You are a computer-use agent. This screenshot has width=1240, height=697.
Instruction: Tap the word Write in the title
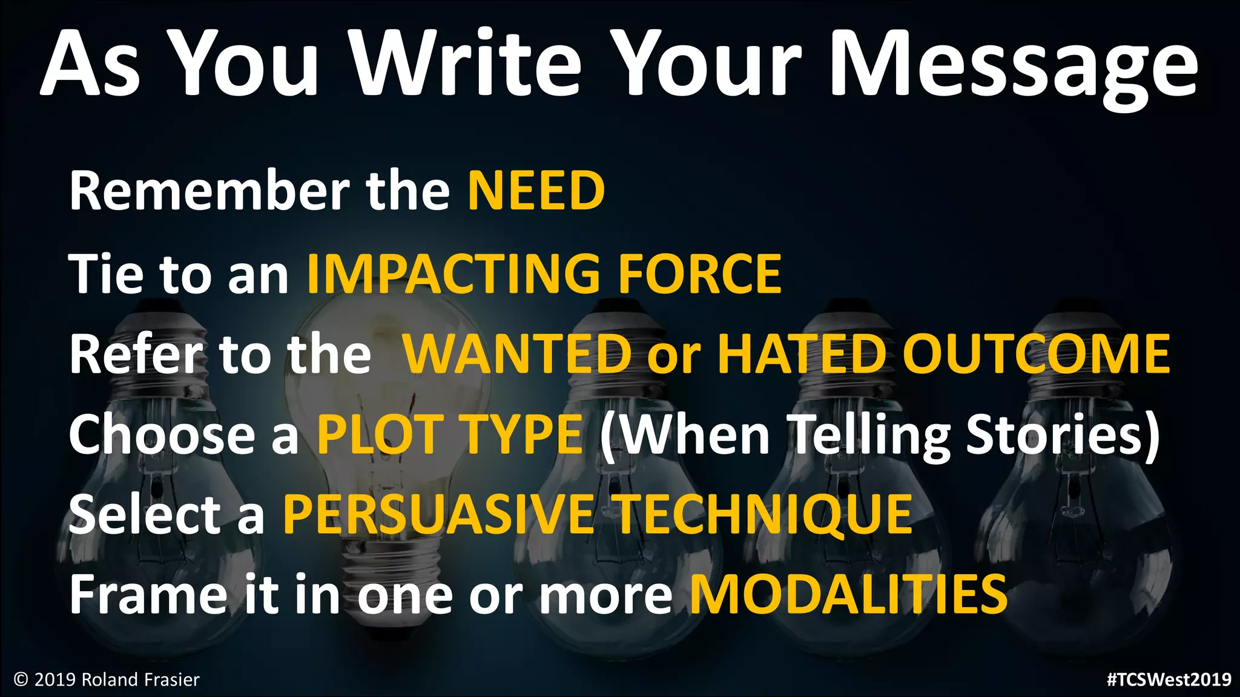(x=466, y=63)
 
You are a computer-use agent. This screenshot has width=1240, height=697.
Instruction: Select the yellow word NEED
(x=536, y=191)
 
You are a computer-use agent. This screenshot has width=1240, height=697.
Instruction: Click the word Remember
(x=209, y=191)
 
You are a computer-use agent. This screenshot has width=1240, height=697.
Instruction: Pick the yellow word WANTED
(x=518, y=354)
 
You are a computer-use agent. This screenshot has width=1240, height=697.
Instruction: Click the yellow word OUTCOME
(x=1037, y=354)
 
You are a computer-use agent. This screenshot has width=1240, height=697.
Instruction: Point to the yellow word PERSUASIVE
(x=438, y=515)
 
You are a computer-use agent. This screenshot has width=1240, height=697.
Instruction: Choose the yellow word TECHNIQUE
(x=764, y=515)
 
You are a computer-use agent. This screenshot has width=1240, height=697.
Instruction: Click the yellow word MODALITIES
(x=849, y=595)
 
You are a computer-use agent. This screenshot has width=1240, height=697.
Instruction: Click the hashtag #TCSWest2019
(x=1169, y=679)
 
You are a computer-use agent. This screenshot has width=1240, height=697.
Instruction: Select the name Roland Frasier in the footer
(x=140, y=680)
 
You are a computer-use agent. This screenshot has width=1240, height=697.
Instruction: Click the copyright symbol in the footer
(x=21, y=680)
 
